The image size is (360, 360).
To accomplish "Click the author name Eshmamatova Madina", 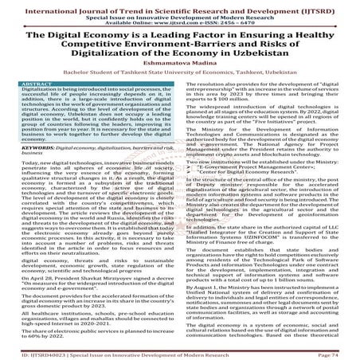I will click(179, 63).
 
